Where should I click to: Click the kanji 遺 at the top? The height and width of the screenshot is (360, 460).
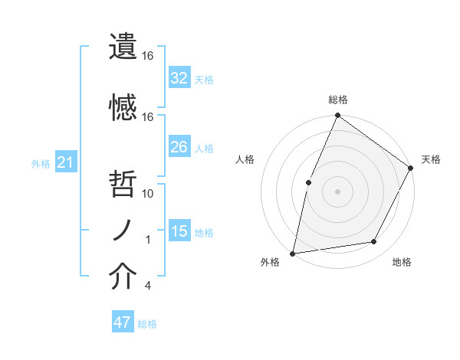click(123, 47)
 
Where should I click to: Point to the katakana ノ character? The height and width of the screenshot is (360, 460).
click(123, 229)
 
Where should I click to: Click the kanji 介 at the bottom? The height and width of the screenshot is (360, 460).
click(123, 277)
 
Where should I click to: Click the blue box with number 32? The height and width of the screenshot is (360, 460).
click(179, 77)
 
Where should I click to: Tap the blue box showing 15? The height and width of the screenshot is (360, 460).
click(179, 231)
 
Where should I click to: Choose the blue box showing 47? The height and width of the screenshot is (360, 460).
click(123, 322)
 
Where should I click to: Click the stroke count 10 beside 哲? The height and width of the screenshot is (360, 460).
click(148, 194)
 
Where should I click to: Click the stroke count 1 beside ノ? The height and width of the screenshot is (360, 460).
click(148, 240)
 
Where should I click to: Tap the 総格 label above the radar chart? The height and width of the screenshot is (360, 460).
click(337, 100)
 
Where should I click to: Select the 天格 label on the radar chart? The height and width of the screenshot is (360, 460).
click(431, 159)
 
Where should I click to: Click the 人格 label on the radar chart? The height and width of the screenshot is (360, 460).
click(245, 159)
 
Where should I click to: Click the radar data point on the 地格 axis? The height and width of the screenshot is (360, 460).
click(374, 241)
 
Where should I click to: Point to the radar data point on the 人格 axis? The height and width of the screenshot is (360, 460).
click(308, 182)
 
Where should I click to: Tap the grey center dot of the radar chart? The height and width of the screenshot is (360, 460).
click(337, 191)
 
